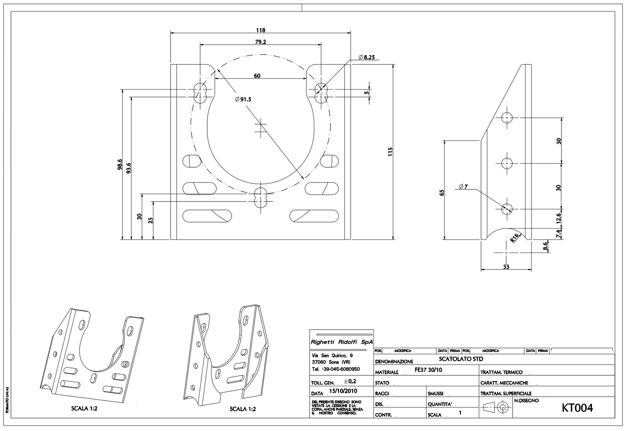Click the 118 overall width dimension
(260, 30)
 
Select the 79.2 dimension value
(261, 42)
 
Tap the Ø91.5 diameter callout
(243, 99)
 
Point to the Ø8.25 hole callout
(367, 57)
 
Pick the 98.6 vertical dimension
(120, 165)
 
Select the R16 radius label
(515, 238)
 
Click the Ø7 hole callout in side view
(463, 187)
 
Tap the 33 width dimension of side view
(506, 267)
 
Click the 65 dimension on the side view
(441, 192)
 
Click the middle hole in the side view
(507, 163)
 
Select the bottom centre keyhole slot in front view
(260, 198)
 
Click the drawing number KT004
(577, 408)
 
